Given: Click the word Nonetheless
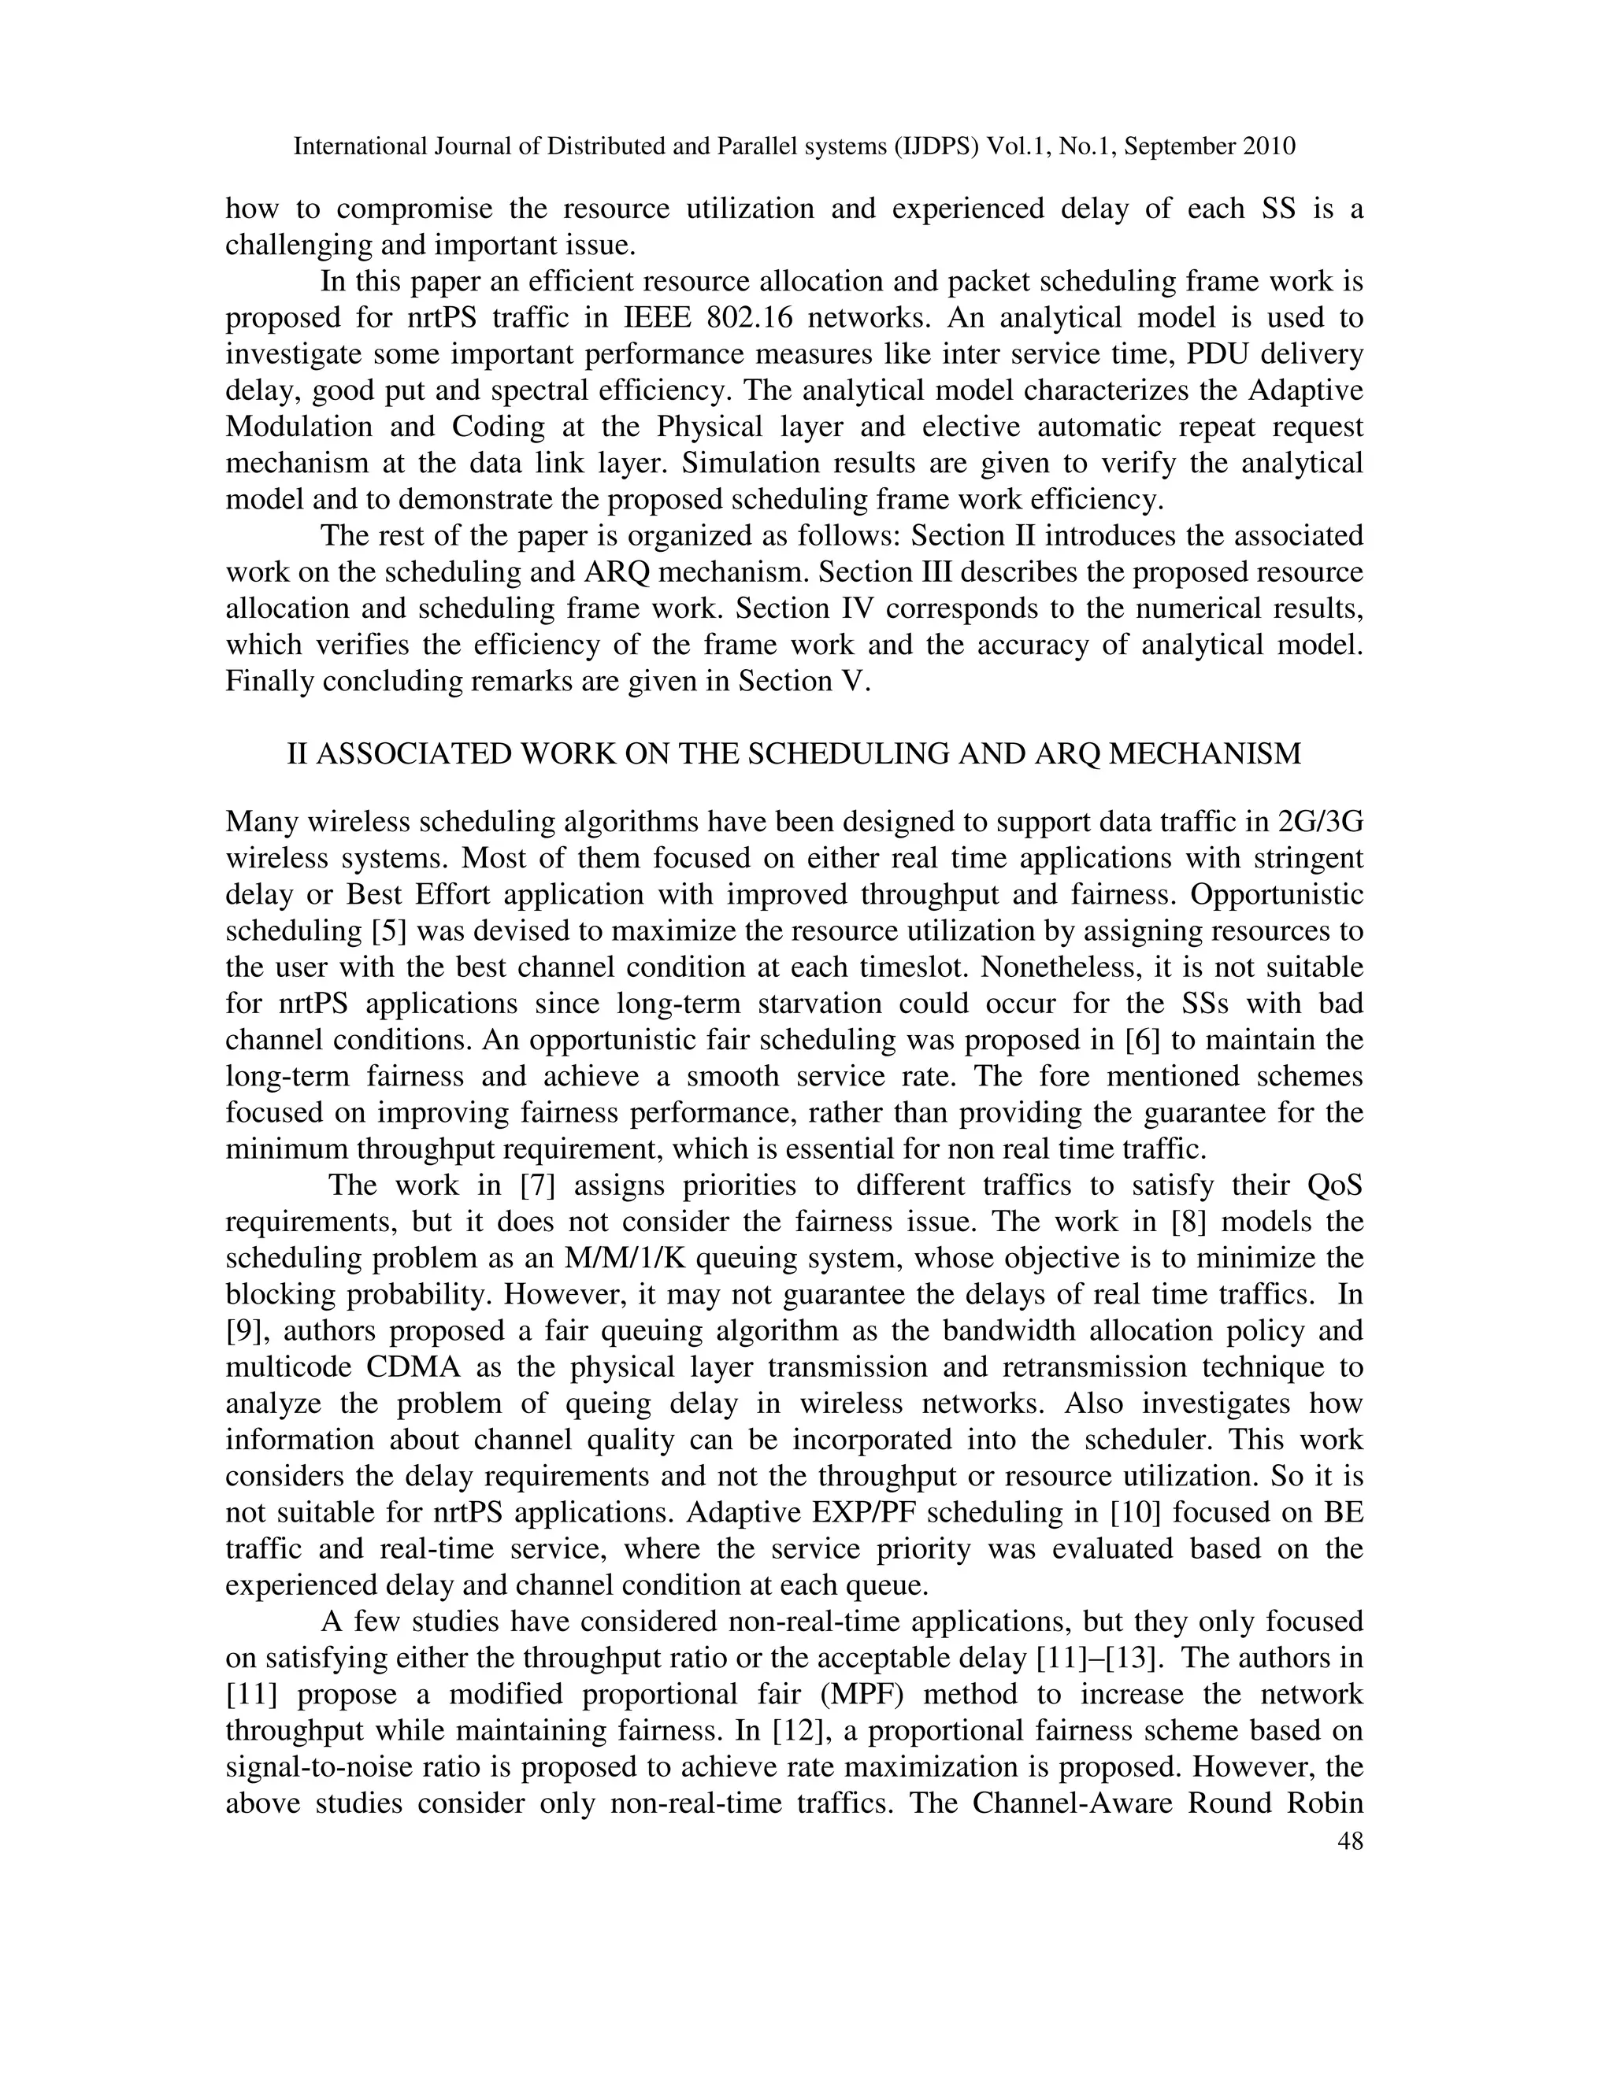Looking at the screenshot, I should click(1061, 967).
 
